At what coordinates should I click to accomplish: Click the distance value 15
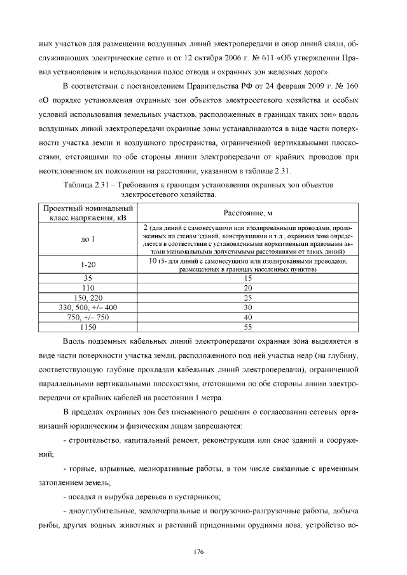[248, 278]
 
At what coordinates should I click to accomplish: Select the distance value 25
[248, 297]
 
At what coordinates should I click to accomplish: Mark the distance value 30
[248, 308]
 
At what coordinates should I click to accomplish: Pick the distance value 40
[248, 317]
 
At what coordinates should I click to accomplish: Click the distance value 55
[248, 327]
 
